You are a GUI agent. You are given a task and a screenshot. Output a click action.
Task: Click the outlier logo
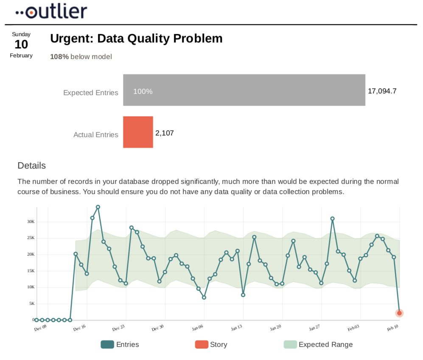51,11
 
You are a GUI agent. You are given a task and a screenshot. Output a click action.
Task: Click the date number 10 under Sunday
21,45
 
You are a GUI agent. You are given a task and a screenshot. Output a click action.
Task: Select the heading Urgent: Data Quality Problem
136,39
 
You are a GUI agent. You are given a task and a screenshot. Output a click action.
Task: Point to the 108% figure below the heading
59,56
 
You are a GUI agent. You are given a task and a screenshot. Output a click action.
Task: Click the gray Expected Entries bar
244,90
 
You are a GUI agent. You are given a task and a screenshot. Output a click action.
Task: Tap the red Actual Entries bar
138,132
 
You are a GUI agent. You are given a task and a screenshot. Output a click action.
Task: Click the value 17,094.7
382,90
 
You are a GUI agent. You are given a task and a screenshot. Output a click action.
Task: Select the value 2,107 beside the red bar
165,133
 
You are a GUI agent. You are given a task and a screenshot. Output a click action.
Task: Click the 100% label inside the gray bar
143,91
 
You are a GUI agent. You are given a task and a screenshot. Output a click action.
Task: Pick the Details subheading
32,166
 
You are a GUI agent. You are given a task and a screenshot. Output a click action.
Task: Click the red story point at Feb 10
399,313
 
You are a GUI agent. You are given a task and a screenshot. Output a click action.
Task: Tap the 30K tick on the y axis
30,222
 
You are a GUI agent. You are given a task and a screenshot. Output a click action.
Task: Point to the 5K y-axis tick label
31,304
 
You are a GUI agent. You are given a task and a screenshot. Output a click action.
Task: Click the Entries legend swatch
107,344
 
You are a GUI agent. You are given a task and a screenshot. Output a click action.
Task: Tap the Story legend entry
211,344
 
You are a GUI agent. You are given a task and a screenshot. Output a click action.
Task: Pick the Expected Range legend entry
318,344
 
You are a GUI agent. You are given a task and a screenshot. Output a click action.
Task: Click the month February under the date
21,55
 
